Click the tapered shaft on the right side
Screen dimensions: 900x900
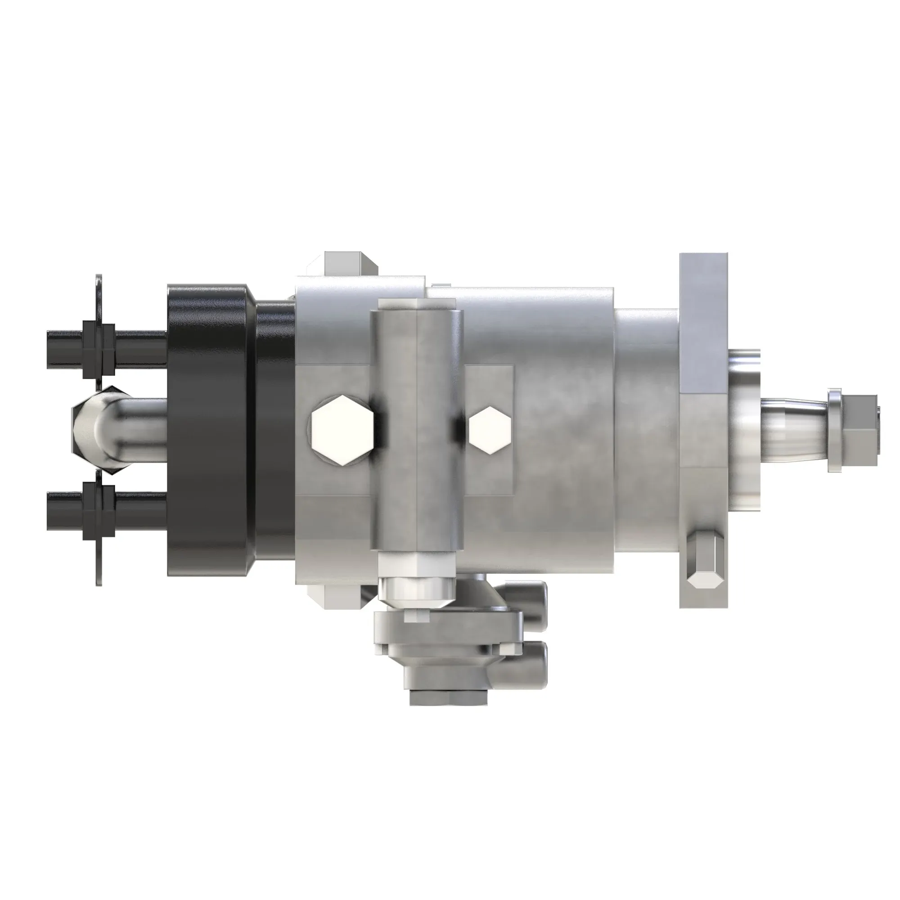(x=792, y=431)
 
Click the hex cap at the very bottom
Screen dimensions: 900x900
(x=448, y=697)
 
